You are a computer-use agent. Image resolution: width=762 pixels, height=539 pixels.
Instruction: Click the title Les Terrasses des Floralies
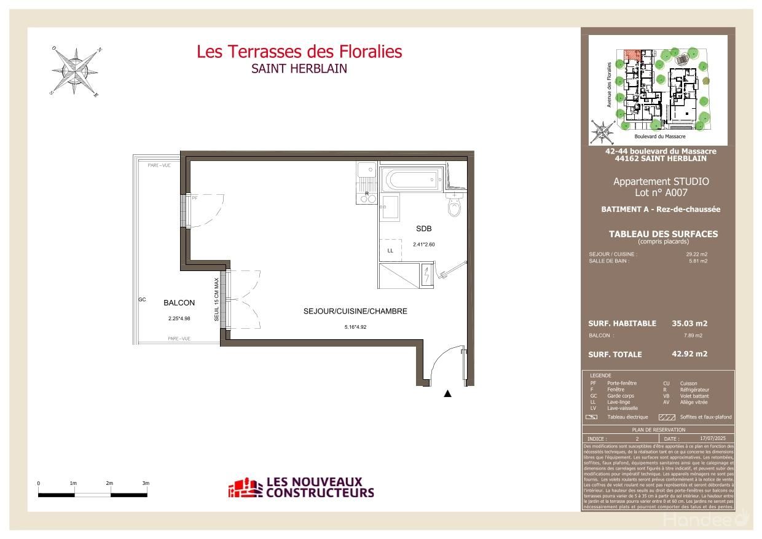[299, 52]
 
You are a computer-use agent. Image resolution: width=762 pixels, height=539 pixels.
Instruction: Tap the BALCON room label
[179, 303]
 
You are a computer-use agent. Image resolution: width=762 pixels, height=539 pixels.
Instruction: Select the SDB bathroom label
[423, 229]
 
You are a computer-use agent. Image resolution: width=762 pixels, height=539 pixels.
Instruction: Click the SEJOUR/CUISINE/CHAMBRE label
[355, 312]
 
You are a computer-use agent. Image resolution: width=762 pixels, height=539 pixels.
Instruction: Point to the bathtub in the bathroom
[410, 179]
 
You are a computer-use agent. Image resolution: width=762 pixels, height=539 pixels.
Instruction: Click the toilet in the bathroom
[454, 207]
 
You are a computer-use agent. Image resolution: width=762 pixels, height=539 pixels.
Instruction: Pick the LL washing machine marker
[390, 251]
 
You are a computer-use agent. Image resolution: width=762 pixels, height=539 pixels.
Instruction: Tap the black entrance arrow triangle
[448, 394]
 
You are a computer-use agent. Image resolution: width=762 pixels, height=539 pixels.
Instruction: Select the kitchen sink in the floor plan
[367, 170]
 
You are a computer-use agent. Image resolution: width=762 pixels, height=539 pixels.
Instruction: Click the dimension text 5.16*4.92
[355, 327]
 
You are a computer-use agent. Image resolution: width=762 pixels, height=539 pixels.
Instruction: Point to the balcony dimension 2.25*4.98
[179, 318]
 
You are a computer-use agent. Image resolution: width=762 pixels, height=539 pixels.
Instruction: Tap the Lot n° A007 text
[661, 192]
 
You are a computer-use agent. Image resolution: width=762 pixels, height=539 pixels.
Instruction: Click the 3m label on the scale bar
[146, 484]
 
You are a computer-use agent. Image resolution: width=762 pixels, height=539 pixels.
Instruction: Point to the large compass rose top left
[76, 71]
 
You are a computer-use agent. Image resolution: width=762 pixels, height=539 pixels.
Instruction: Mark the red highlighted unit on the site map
[630, 54]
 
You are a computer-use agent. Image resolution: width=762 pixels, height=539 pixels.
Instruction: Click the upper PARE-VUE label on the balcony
[160, 165]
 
